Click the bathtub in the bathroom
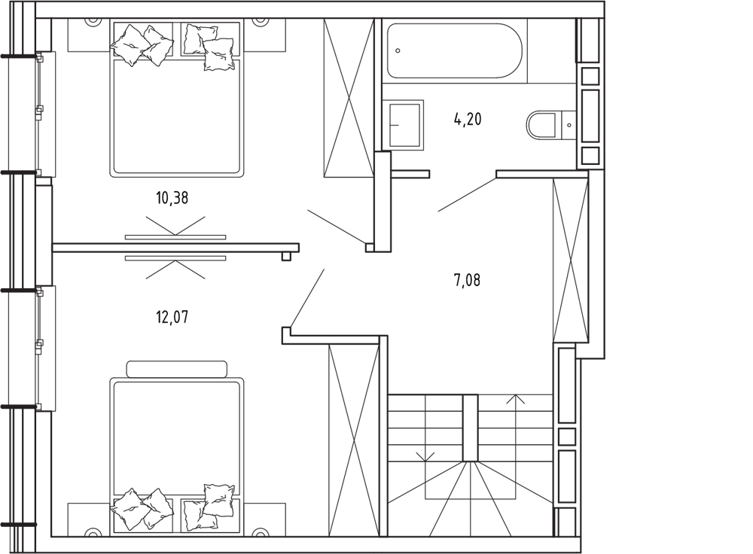tap(454, 51)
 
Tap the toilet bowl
tap(541, 125)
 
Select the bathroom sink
tap(406, 125)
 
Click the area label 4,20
tap(468, 119)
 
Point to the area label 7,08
tap(468, 279)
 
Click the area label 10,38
tap(172, 197)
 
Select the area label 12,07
tap(172, 317)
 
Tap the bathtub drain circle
tap(398, 50)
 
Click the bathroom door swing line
tap(467, 194)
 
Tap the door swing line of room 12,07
tap(307, 298)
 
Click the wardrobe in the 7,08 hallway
tap(571, 260)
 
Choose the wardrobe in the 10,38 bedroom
tap(349, 98)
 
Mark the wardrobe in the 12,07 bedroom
tap(354, 440)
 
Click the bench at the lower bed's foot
tap(177, 369)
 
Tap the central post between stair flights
tap(470, 428)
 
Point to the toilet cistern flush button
tap(569, 125)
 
